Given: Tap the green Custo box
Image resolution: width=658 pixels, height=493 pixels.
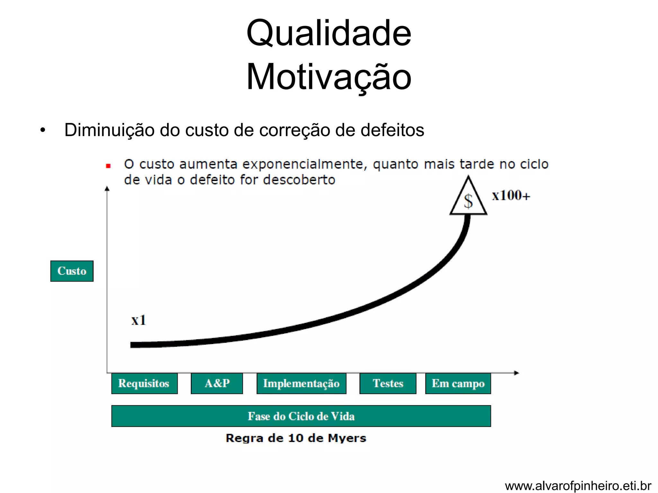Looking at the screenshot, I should [x=72, y=271].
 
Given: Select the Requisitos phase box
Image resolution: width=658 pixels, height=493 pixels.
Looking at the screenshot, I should [x=144, y=384].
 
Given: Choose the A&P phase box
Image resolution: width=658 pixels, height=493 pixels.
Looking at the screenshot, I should [x=217, y=384].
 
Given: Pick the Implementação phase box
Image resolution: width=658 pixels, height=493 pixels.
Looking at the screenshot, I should [x=301, y=384].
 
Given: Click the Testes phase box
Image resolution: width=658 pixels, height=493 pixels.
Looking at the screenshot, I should [x=388, y=384].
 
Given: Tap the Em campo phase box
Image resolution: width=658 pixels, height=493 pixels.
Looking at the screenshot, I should [x=458, y=384].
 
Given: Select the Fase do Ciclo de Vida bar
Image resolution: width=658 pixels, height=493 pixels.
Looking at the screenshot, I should [x=301, y=416].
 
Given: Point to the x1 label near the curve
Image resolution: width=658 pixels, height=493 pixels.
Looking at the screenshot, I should [x=138, y=320].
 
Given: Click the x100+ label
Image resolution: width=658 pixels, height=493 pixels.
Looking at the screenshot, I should [x=511, y=195].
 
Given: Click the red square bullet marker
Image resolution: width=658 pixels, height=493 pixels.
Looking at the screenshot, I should [x=108, y=166].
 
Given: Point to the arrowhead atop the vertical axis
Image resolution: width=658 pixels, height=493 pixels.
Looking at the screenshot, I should [x=107, y=188].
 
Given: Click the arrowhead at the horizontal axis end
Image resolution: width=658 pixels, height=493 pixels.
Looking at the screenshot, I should [x=517, y=373].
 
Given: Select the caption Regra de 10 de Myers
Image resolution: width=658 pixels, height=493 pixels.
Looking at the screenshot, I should [x=296, y=438].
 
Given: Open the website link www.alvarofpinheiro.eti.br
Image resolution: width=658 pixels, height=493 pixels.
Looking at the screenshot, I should [x=578, y=486].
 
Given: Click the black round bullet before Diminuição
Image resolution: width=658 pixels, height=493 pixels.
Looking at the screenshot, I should [x=43, y=131].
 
